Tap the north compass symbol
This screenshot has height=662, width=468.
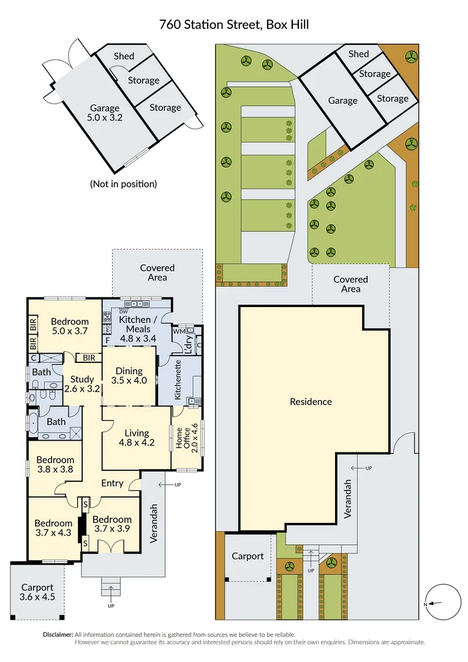(443, 603)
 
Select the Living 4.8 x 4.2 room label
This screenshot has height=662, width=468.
(137, 438)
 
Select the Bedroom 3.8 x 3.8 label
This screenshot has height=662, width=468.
(55, 465)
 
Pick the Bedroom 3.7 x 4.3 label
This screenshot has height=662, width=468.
(53, 528)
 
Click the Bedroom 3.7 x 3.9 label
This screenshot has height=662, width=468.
(112, 524)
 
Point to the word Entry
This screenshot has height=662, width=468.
(112, 483)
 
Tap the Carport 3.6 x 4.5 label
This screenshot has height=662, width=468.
(37, 592)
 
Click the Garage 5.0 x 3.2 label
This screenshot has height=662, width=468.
(106, 113)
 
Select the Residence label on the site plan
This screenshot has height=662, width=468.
(311, 401)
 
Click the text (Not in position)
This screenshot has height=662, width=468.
(123, 183)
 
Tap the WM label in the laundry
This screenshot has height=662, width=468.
(179, 331)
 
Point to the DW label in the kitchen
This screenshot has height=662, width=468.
(123, 312)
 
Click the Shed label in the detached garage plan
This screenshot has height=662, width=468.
(124, 56)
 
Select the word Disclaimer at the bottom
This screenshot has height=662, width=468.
(58, 634)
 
